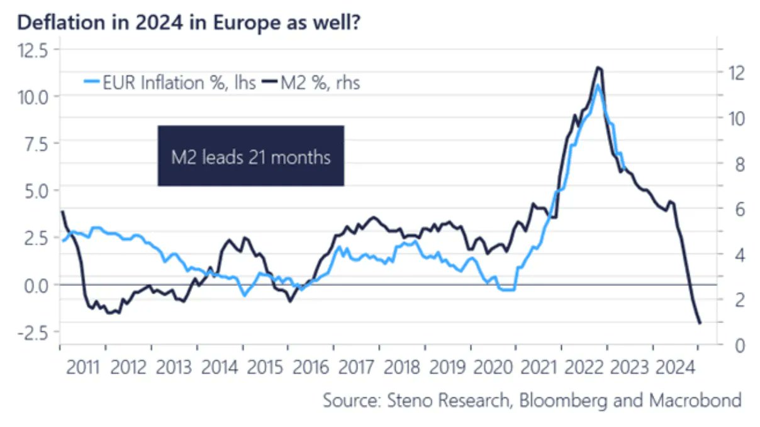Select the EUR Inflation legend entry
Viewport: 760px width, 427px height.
click(x=170, y=82)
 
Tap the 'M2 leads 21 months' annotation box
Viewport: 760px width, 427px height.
click(x=250, y=156)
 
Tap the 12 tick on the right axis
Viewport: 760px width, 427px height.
click(x=732, y=72)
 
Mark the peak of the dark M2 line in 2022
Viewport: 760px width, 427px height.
click(x=598, y=67)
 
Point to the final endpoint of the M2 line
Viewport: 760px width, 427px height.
click(x=700, y=324)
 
